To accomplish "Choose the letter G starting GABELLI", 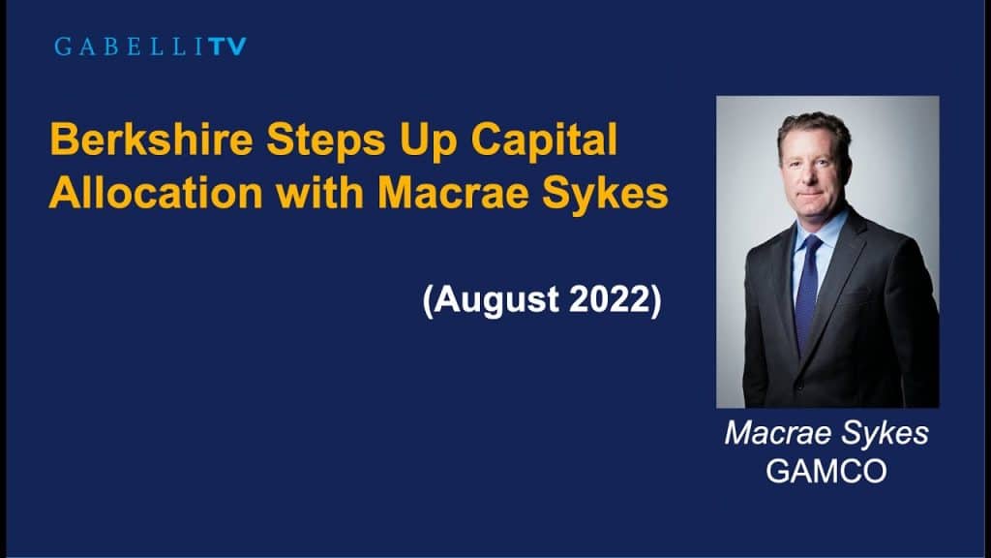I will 63,46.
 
